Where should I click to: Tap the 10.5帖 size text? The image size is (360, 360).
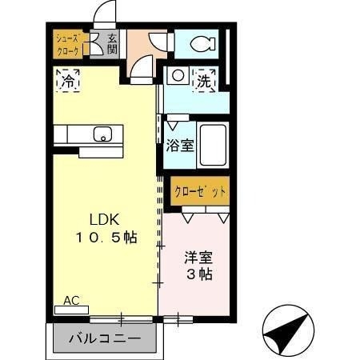pyautogui.click(x=106, y=238)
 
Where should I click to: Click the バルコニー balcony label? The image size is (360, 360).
pyautogui.click(x=103, y=338)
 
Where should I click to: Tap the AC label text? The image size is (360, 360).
pyautogui.click(x=72, y=301)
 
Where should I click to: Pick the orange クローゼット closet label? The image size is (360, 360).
pyautogui.click(x=200, y=192)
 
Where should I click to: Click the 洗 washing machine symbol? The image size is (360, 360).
pyautogui.click(x=206, y=80)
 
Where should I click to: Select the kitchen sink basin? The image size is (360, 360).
pyautogui.click(x=102, y=134)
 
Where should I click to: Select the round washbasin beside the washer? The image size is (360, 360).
pyautogui.click(x=178, y=77)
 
